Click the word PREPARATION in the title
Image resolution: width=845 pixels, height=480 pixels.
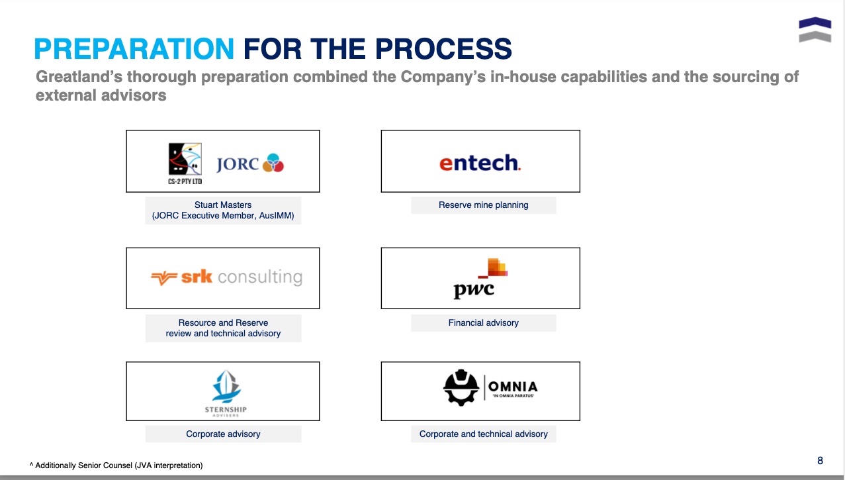point(134,49)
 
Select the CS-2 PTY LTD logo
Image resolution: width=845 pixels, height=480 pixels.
point(185,164)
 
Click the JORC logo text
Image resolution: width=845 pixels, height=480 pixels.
point(238,164)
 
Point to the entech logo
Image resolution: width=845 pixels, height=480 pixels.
point(480,163)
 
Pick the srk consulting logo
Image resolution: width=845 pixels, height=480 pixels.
point(226,277)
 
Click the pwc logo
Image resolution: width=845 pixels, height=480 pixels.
point(480,279)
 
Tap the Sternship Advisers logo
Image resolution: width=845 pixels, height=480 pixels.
point(226,393)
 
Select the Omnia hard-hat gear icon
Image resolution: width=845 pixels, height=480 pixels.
point(461,387)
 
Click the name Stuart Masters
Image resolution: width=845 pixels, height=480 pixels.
point(223,205)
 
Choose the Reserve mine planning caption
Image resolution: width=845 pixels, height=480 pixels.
point(483,205)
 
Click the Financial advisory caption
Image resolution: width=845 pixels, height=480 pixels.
point(483,322)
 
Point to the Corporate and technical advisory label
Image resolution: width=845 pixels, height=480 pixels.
point(483,434)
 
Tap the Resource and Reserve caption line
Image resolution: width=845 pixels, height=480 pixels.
point(223,322)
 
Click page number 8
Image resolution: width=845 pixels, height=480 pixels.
point(820,460)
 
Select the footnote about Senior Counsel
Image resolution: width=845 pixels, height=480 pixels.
point(116,465)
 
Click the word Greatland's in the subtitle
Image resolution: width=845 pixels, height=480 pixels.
point(79,77)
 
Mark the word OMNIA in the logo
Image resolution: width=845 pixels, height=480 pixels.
point(513,387)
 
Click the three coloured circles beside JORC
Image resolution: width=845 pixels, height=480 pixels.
point(273,163)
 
